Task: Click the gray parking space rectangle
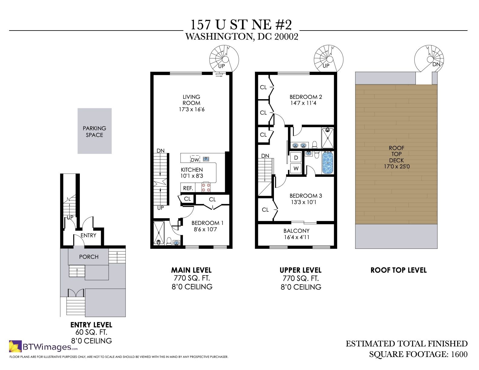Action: point(95,131)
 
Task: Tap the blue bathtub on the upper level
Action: point(328,163)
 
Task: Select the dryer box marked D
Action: point(296,157)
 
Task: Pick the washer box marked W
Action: point(296,169)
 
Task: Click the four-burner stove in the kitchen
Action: point(206,187)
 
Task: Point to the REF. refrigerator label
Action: point(188,188)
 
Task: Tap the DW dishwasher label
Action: point(195,160)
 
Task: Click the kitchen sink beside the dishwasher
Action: point(206,159)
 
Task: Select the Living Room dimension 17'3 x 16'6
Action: point(192,109)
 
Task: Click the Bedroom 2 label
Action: point(306,97)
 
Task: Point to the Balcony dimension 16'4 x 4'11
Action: point(297,237)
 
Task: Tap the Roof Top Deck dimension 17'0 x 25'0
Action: point(397,166)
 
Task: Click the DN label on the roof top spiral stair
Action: point(436,64)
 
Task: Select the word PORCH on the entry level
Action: point(89,257)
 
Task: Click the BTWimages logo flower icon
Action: point(15,346)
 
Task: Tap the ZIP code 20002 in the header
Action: point(286,37)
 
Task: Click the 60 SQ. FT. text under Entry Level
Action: point(91,332)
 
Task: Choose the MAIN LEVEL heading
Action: point(191,270)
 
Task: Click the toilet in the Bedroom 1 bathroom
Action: point(169,241)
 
